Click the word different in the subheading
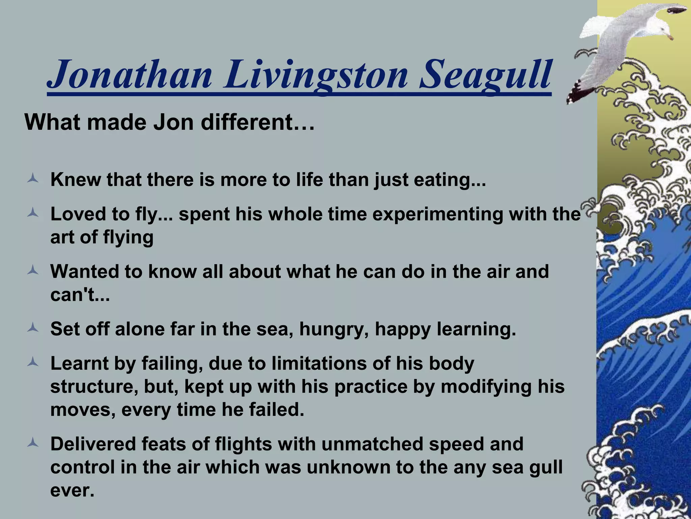258,122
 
